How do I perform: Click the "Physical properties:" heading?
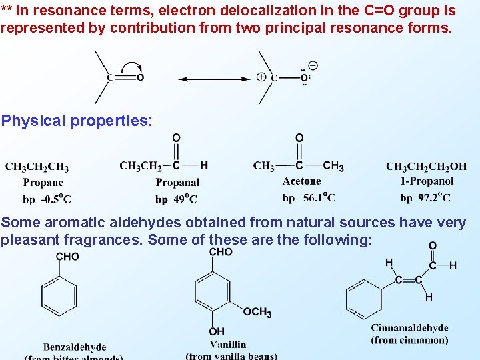click(x=77, y=121)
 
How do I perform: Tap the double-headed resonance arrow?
click(x=214, y=79)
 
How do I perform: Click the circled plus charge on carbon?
click(x=261, y=77)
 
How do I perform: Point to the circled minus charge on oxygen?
click(x=313, y=65)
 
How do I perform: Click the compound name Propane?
click(x=43, y=182)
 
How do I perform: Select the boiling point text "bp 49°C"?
click(x=176, y=199)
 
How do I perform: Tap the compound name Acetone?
click(x=301, y=181)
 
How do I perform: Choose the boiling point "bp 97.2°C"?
click(x=425, y=197)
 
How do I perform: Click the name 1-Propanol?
click(x=427, y=181)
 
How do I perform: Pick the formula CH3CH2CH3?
click(x=37, y=167)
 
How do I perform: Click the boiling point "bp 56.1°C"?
click(x=309, y=197)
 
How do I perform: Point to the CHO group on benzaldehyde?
click(x=67, y=257)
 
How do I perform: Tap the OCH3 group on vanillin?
click(x=257, y=312)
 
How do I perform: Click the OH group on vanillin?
click(x=217, y=331)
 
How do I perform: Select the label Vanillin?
click(x=227, y=344)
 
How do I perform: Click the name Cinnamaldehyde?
click(x=409, y=328)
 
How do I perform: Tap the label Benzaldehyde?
click(x=75, y=347)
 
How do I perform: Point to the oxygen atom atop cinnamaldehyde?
click(x=433, y=246)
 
